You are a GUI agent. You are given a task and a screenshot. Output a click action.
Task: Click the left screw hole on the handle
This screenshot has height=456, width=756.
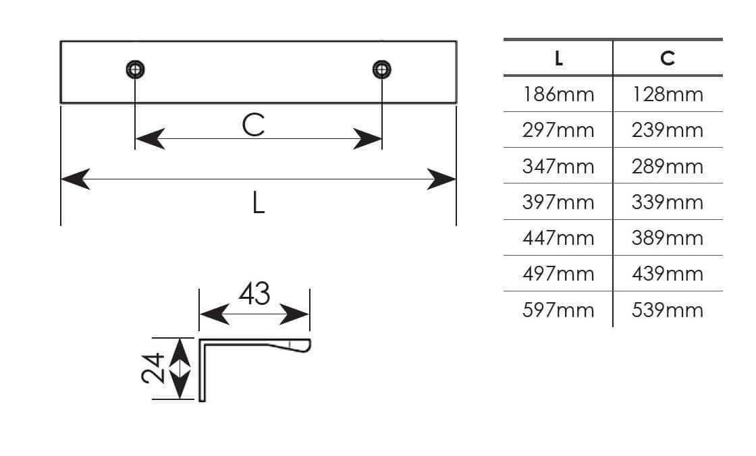(136, 69)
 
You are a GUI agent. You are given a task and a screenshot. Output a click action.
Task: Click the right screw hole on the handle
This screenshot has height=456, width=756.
(382, 69)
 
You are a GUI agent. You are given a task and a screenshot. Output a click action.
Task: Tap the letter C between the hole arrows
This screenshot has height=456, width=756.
(254, 125)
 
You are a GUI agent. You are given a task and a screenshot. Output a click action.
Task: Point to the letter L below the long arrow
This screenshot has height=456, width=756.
(259, 202)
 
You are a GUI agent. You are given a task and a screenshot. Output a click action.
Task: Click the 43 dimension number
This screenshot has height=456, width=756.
(254, 293)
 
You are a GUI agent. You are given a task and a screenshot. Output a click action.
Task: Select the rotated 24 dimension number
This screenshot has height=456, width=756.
(153, 368)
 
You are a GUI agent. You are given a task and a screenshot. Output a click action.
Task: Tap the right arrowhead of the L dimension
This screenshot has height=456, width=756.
(441, 179)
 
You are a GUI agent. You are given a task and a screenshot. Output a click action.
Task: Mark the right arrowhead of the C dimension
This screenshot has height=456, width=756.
(367, 139)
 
